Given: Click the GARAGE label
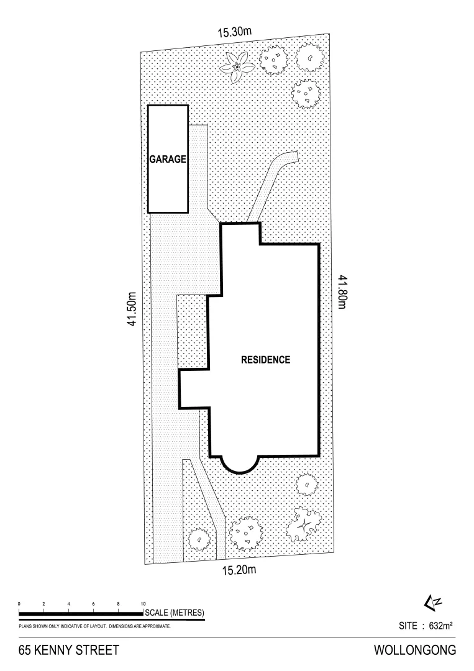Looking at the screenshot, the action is pos(168,159).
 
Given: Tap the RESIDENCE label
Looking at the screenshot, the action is pos(265,360).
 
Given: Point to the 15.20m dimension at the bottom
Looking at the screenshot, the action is pos(239,570).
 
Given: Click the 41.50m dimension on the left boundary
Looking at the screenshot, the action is pos(132,311).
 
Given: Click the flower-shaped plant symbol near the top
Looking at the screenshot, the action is pos(237,65).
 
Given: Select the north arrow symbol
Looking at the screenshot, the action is pos(432,601).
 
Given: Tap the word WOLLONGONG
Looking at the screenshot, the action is pos(415,651).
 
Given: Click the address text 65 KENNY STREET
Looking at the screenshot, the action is pos(68,651).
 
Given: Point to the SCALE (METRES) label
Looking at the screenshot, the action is pos(174,614).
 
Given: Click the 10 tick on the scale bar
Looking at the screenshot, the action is pos(143,604).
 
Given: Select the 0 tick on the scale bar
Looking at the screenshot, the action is pos(19,604).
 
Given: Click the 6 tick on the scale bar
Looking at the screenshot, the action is pos(93,604).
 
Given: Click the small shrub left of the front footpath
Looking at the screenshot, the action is pos(199,539).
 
